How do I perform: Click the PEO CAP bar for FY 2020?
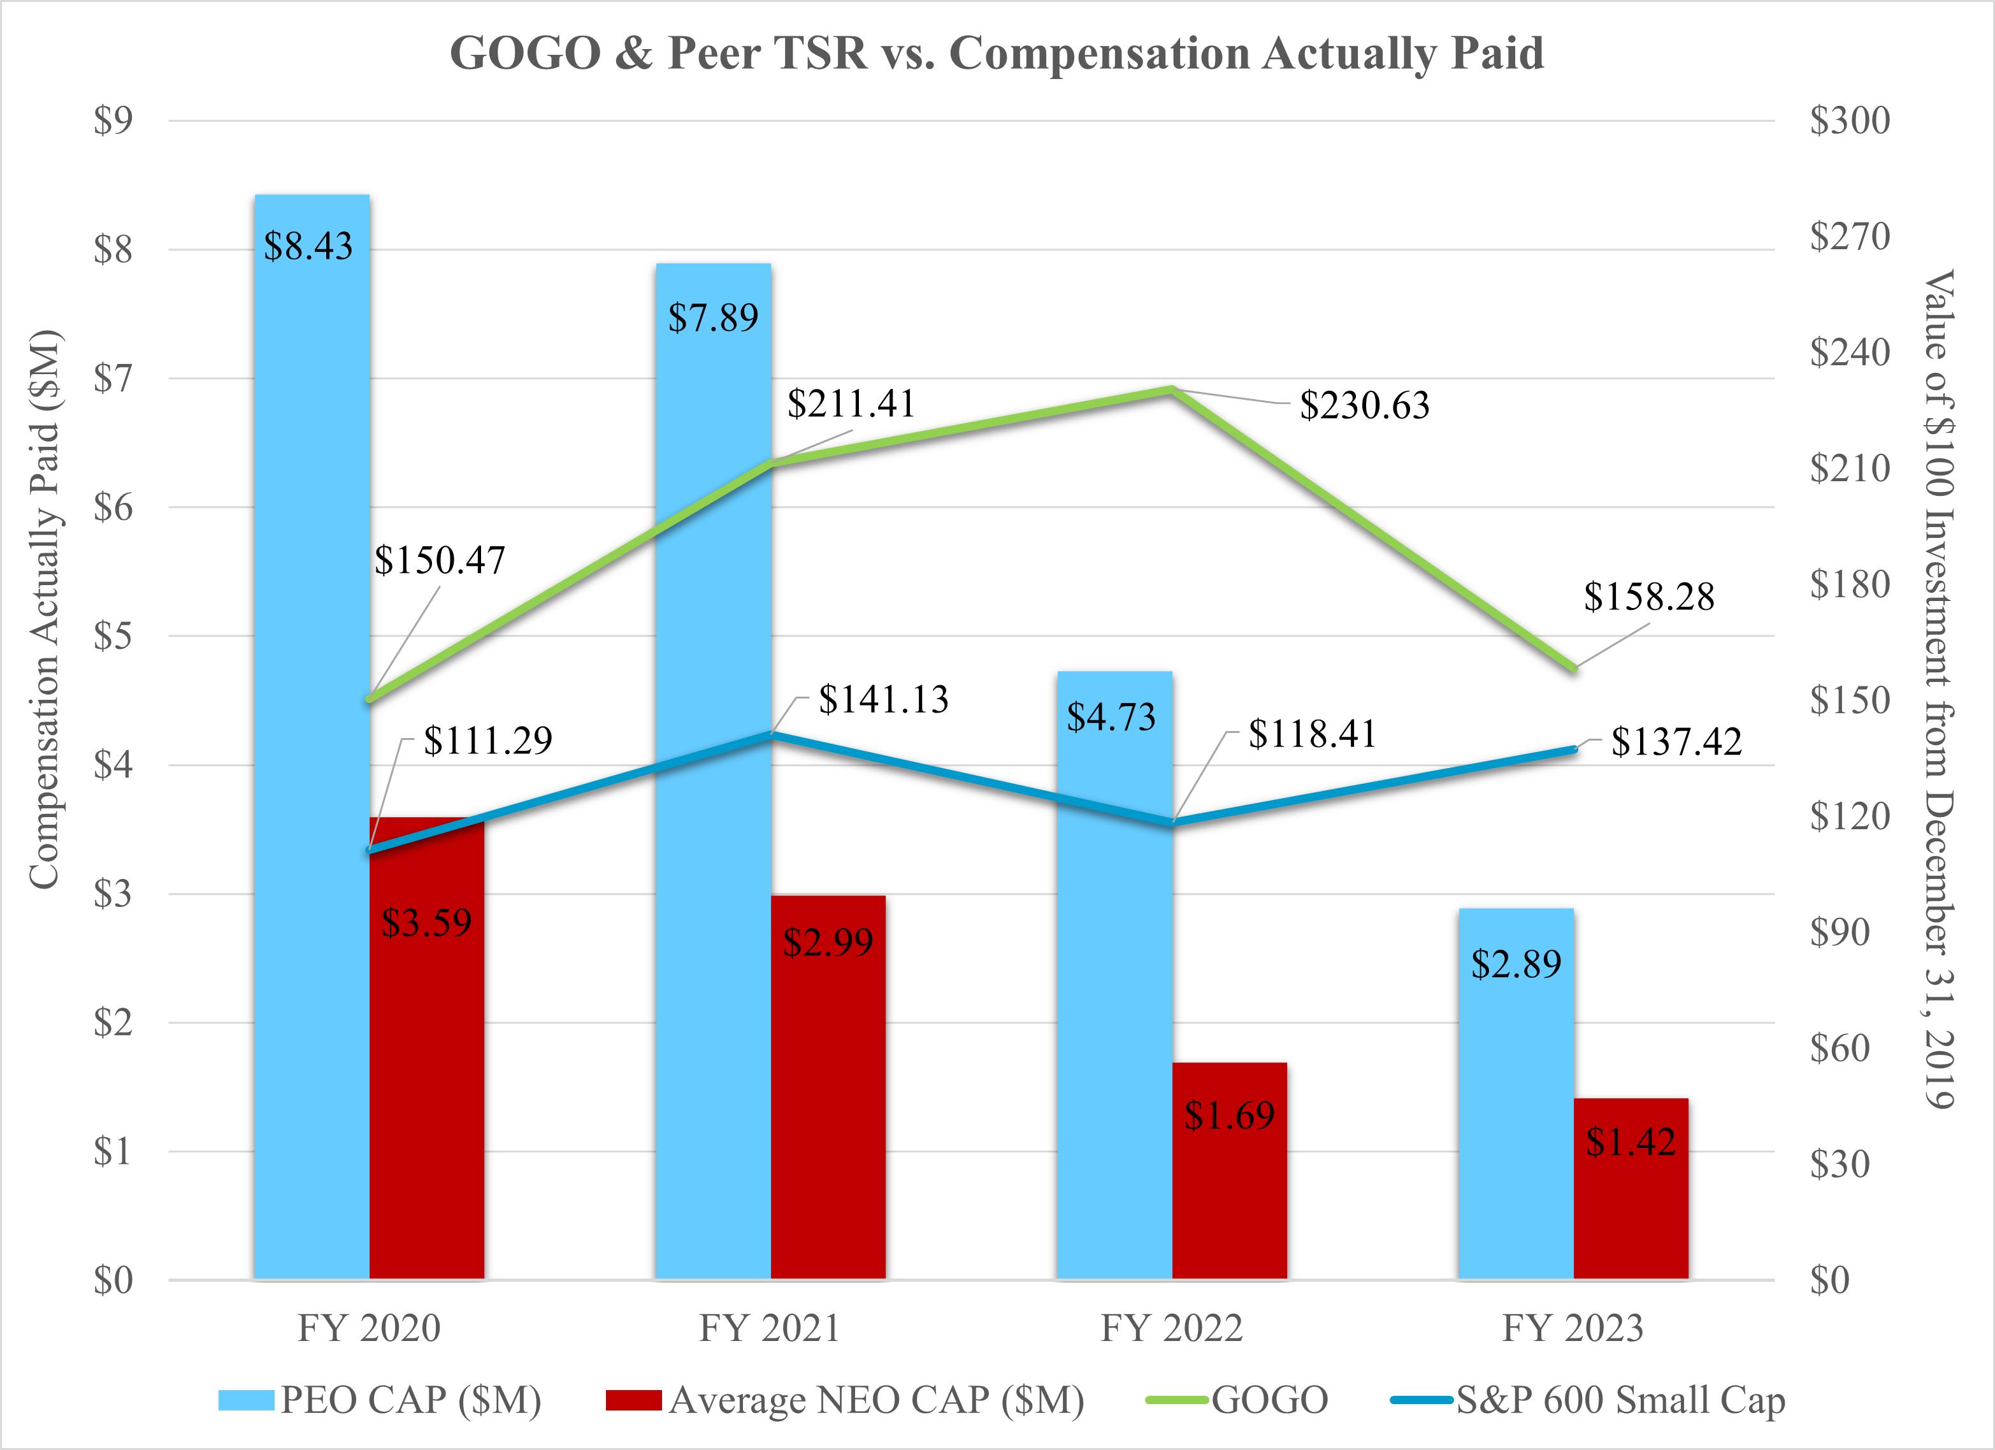tap(312, 736)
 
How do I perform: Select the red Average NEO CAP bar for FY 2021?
tap(828, 1087)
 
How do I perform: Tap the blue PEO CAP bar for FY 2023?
tap(1516, 1094)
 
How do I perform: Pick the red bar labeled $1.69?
tap(1230, 1171)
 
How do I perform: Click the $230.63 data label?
tap(1364, 405)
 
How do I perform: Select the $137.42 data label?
tap(1676, 742)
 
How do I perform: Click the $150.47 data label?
tap(440, 560)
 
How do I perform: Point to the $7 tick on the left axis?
tap(113, 379)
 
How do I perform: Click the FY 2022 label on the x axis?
tap(1172, 1328)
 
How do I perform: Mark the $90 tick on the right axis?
tap(1840, 932)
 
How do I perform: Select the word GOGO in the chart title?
tap(525, 53)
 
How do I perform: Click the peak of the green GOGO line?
tap(1172, 389)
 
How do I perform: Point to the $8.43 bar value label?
tap(309, 247)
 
